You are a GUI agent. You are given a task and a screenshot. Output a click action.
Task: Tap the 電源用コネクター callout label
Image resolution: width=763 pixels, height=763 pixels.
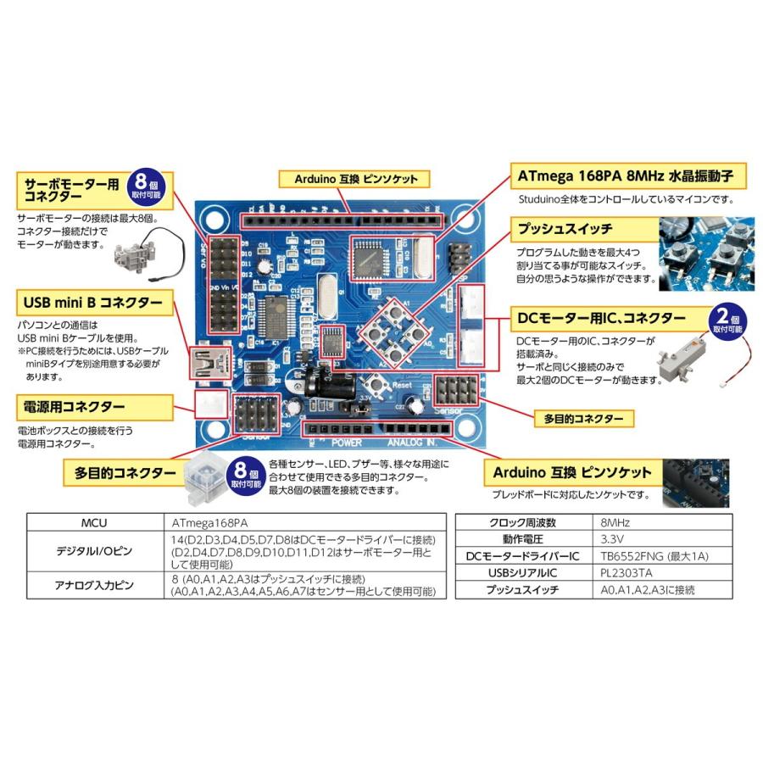click(x=75, y=407)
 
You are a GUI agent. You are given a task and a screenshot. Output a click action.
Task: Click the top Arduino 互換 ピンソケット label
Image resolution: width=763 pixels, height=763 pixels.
click(x=355, y=179)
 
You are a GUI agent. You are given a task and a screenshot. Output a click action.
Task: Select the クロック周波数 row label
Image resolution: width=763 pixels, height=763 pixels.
click(x=522, y=522)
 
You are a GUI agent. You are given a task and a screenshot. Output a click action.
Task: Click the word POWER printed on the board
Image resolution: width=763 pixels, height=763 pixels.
click(x=347, y=443)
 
